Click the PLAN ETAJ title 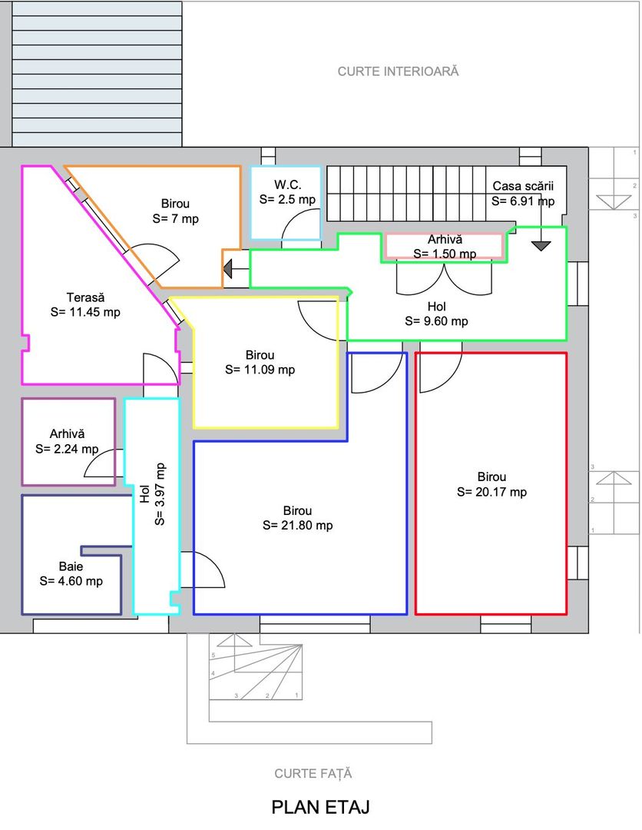tap(320, 807)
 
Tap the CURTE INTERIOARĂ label tap(399, 71)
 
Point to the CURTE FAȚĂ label tap(313, 773)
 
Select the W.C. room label tap(288, 184)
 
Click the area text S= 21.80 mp tap(298, 526)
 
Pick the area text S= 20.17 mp tap(491, 492)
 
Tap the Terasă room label tap(86, 297)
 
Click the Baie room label tap(71, 566)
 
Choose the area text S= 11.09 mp tap(260, 370)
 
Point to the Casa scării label tap(523, 186)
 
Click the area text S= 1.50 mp tap(445, 254)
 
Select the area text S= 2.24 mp tap(67, 449)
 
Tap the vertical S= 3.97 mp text tap(160, 494)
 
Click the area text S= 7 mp tap(176, 218)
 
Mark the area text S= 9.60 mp tap(437, 320)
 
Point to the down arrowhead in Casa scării tap(541, 246)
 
